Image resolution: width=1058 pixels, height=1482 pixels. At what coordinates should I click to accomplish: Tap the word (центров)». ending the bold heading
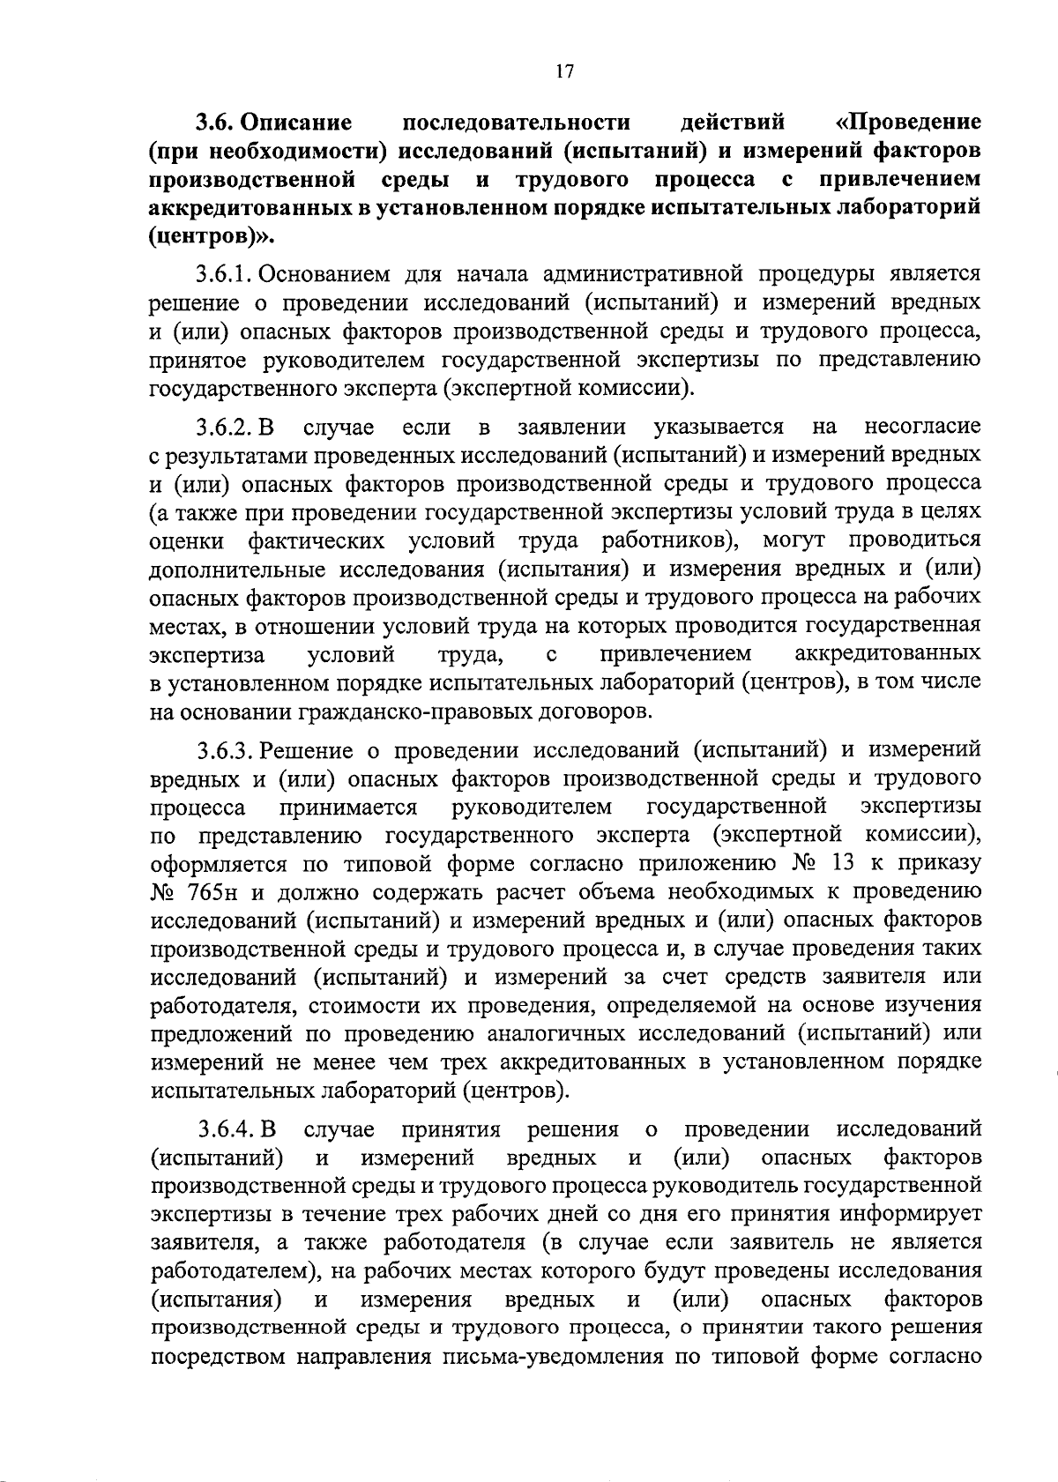click(x=212, y=235)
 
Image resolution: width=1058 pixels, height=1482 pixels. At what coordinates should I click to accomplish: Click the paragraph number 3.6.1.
click(x=226, y=274)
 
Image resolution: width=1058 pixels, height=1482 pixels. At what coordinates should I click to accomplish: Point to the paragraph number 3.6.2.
click(x=226, y=428)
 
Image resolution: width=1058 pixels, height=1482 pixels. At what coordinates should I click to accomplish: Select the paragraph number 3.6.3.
click(x=226, y=750)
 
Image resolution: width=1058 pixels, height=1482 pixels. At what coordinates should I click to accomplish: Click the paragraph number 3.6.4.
click(x=226, y=1129)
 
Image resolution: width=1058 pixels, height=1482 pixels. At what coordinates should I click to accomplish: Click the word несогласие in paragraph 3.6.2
click(x=922, y=428)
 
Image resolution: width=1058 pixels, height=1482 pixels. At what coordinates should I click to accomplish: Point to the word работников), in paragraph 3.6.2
click(x=673, y=540)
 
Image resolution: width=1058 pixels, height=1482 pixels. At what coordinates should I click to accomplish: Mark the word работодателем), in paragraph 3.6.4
click(x=237, y=1270)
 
